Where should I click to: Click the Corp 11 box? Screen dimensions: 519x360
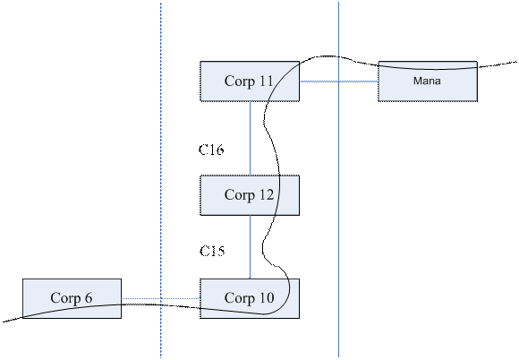pos(250,81)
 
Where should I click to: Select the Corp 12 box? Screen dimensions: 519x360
pos(250,195)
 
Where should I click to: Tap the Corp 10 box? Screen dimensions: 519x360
pos(250,298)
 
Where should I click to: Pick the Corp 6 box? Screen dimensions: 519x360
pos(72,298)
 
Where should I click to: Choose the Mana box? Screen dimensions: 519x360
pos(428,81)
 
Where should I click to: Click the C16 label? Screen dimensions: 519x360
pos(211,150)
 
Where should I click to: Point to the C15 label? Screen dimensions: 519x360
pos(212,251)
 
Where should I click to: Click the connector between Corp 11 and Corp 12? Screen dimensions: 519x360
pos(250,139)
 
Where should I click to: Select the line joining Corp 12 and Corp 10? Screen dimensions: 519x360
pos(250,247)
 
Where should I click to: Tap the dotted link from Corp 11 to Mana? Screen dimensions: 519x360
pos(339,81)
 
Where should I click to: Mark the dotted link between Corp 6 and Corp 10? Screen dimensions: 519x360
pos(161,298)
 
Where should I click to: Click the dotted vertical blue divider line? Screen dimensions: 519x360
pos(161,180)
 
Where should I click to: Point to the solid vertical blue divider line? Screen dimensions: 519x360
pos(338,179)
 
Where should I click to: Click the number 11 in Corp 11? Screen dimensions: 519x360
pos(265,81)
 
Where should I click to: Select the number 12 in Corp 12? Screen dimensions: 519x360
pos(266,194)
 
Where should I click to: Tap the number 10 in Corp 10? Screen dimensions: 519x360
pos(266,297)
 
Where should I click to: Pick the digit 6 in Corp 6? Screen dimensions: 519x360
pos(88,297)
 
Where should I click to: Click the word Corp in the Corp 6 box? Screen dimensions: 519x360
pos(65,298)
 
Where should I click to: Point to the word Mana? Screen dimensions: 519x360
pos(427,81)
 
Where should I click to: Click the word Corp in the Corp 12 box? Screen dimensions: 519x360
pos(239,195)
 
